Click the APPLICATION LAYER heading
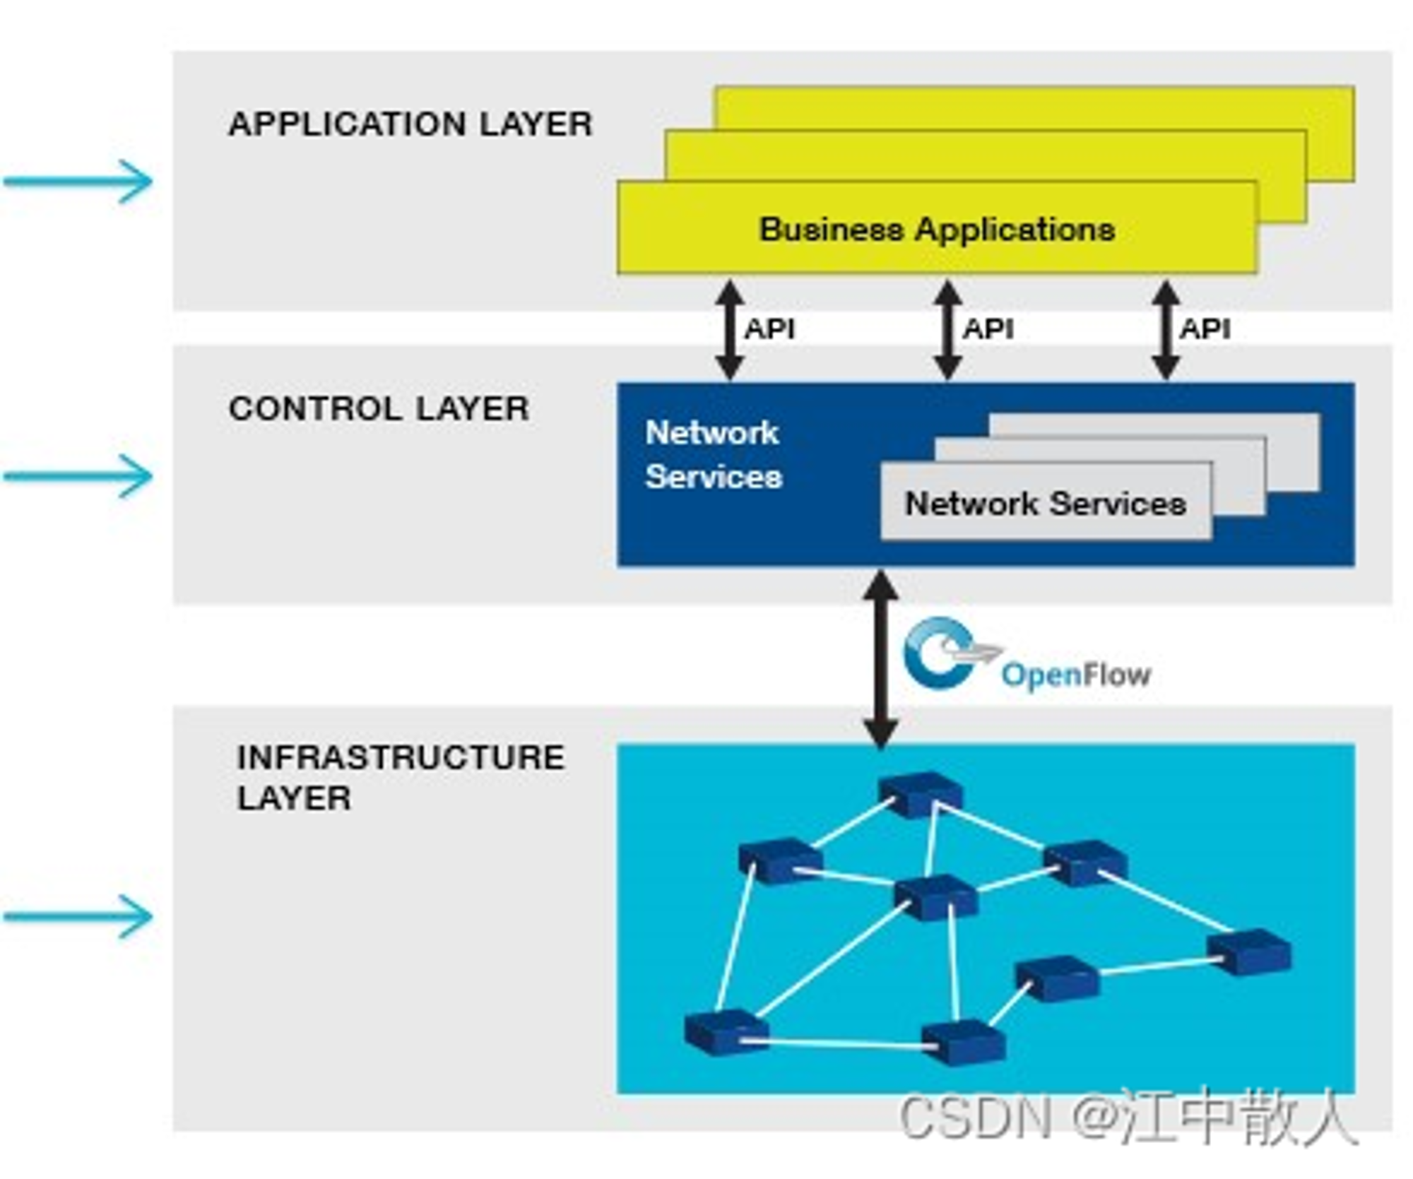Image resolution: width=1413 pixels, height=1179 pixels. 410,124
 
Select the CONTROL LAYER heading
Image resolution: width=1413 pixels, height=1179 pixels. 379,408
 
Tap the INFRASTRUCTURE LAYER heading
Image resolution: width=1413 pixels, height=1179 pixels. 401,777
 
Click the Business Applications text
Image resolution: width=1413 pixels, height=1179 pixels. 937,230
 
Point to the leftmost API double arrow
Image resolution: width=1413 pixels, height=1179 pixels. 730,330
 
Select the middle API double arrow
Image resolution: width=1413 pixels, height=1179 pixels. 948,330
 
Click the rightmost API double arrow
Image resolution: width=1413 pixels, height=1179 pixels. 1166,330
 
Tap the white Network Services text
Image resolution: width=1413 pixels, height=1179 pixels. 714,454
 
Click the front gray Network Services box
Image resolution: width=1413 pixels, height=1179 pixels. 1046,501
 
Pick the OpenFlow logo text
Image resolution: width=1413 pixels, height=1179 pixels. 1076,675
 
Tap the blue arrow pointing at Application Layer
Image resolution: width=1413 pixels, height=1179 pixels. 78,182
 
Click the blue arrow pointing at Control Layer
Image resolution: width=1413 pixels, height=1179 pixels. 78,476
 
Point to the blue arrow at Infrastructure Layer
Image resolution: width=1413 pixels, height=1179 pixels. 78,916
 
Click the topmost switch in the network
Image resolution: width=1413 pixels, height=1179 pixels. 920,794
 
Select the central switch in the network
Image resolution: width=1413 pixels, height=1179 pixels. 935,897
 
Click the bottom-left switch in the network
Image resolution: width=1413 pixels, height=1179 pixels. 726,1032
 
